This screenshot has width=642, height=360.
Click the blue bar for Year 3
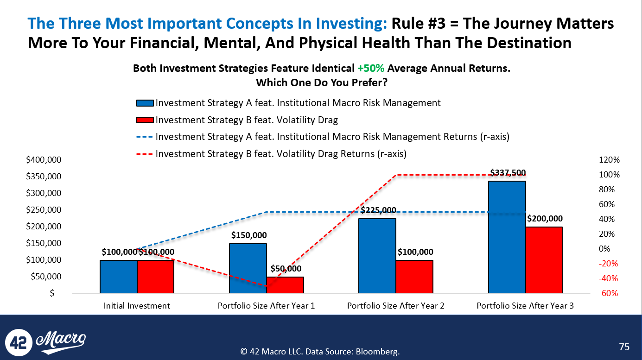point(507,237)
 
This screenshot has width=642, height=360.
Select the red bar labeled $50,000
point(285,285)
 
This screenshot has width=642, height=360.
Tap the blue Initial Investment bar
point(118,277)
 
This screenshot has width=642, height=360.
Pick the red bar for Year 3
point(544,260)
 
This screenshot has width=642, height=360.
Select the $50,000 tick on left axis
point(44,277)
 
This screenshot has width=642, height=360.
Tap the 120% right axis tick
point(609,160)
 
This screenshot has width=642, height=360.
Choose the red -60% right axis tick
point(609,293)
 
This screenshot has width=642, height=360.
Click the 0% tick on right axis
point(612,249)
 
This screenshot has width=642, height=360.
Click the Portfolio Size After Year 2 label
point(396,306)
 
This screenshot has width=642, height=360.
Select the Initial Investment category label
point(137,306)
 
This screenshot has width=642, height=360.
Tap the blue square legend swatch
point(145,103)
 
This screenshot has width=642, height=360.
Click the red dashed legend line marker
point(145,154)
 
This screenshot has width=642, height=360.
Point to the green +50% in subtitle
point(371,69)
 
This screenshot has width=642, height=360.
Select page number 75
point(624,347)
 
